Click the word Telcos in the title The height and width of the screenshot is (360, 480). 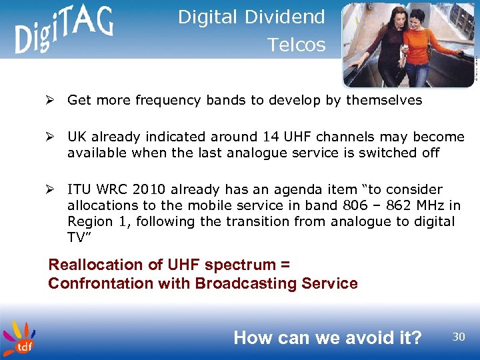(x=296, y=45)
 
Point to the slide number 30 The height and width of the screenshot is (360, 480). (x=459, y=337)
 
